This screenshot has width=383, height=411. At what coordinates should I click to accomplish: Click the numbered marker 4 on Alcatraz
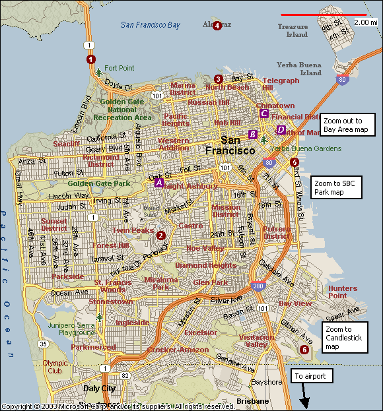[217, 25]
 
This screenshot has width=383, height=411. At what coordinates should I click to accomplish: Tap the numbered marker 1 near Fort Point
[91, 59]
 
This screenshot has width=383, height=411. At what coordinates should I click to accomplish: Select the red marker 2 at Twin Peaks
[160, 234]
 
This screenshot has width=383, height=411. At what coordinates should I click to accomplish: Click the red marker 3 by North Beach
[219, 79]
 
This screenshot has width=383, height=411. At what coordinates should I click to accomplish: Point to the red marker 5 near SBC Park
[295, 162]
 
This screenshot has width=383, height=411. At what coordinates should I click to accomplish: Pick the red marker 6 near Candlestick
[304, 350]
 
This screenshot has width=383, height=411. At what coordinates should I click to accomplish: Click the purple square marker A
[158, 183]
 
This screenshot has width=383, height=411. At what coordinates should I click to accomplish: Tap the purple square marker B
[252, 135]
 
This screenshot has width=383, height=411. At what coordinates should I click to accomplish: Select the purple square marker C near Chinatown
[264, 113]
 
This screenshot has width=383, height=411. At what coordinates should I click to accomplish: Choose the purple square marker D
[281, 130]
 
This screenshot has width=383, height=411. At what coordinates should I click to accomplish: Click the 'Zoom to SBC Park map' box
[336, 187]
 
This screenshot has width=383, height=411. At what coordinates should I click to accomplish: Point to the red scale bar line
[324, 15]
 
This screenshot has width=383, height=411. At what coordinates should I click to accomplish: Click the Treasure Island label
[293, 30]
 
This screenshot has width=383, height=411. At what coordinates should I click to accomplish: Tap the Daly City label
[99, 389]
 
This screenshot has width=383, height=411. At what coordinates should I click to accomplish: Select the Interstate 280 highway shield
[255, 286]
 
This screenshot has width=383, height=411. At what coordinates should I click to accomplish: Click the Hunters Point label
[343, 292]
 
